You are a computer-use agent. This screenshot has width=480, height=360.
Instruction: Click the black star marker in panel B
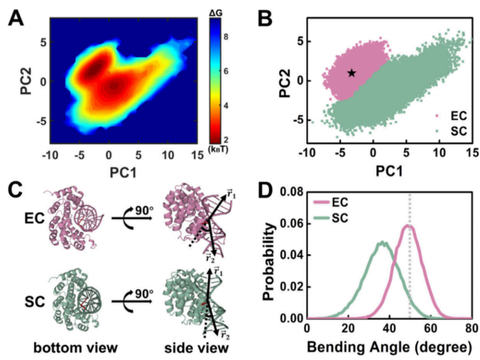pyautogui.click(x=351, y=73)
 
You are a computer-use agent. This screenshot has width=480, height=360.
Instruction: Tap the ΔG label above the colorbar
pyautogui.click(x=221, y=10)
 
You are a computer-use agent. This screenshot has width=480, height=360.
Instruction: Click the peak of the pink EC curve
pyautogui.click(x=409, y=226)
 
